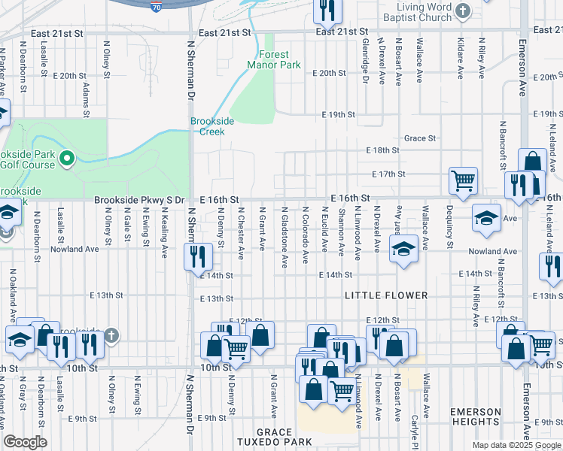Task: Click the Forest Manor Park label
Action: click(x=274, y=59)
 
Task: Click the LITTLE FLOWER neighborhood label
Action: click(x=386, y=295)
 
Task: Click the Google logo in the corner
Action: click(x=25, y=442)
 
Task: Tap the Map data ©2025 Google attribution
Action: click(x=516, y=445)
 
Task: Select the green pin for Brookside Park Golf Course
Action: click(x=66, y=158)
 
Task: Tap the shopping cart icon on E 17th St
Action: click(x=463, y=180)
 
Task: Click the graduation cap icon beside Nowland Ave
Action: click(x=403, y=249)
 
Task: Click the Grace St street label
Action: click(x=420, y=138)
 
